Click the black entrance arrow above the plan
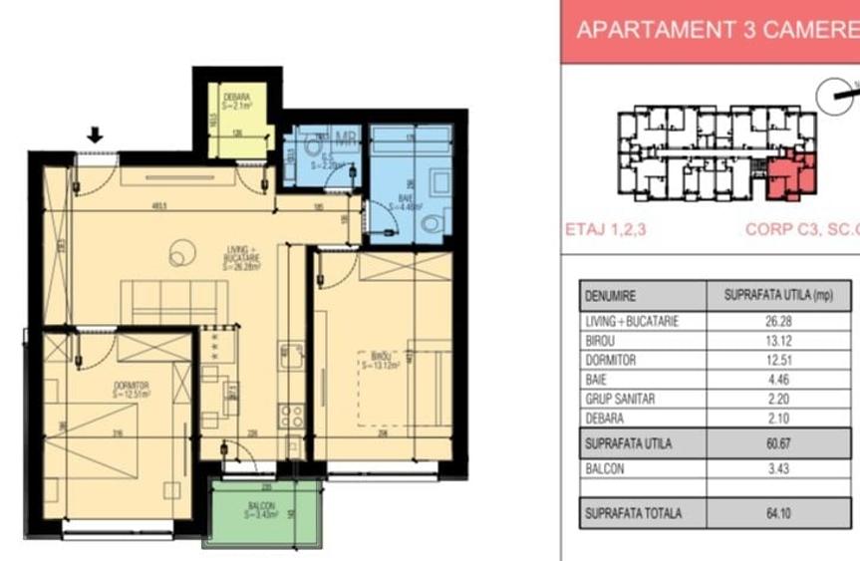(96, 135)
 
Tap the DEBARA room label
(236, 100)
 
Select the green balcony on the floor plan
(262, 512)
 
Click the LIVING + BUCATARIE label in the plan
(240, 260)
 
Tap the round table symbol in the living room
(180, 254)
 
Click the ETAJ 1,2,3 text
(607, 229)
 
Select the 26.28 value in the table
(780, 322)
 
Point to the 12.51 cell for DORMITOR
(780, 361)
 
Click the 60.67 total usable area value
(780, 442)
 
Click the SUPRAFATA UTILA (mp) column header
(780, 296)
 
